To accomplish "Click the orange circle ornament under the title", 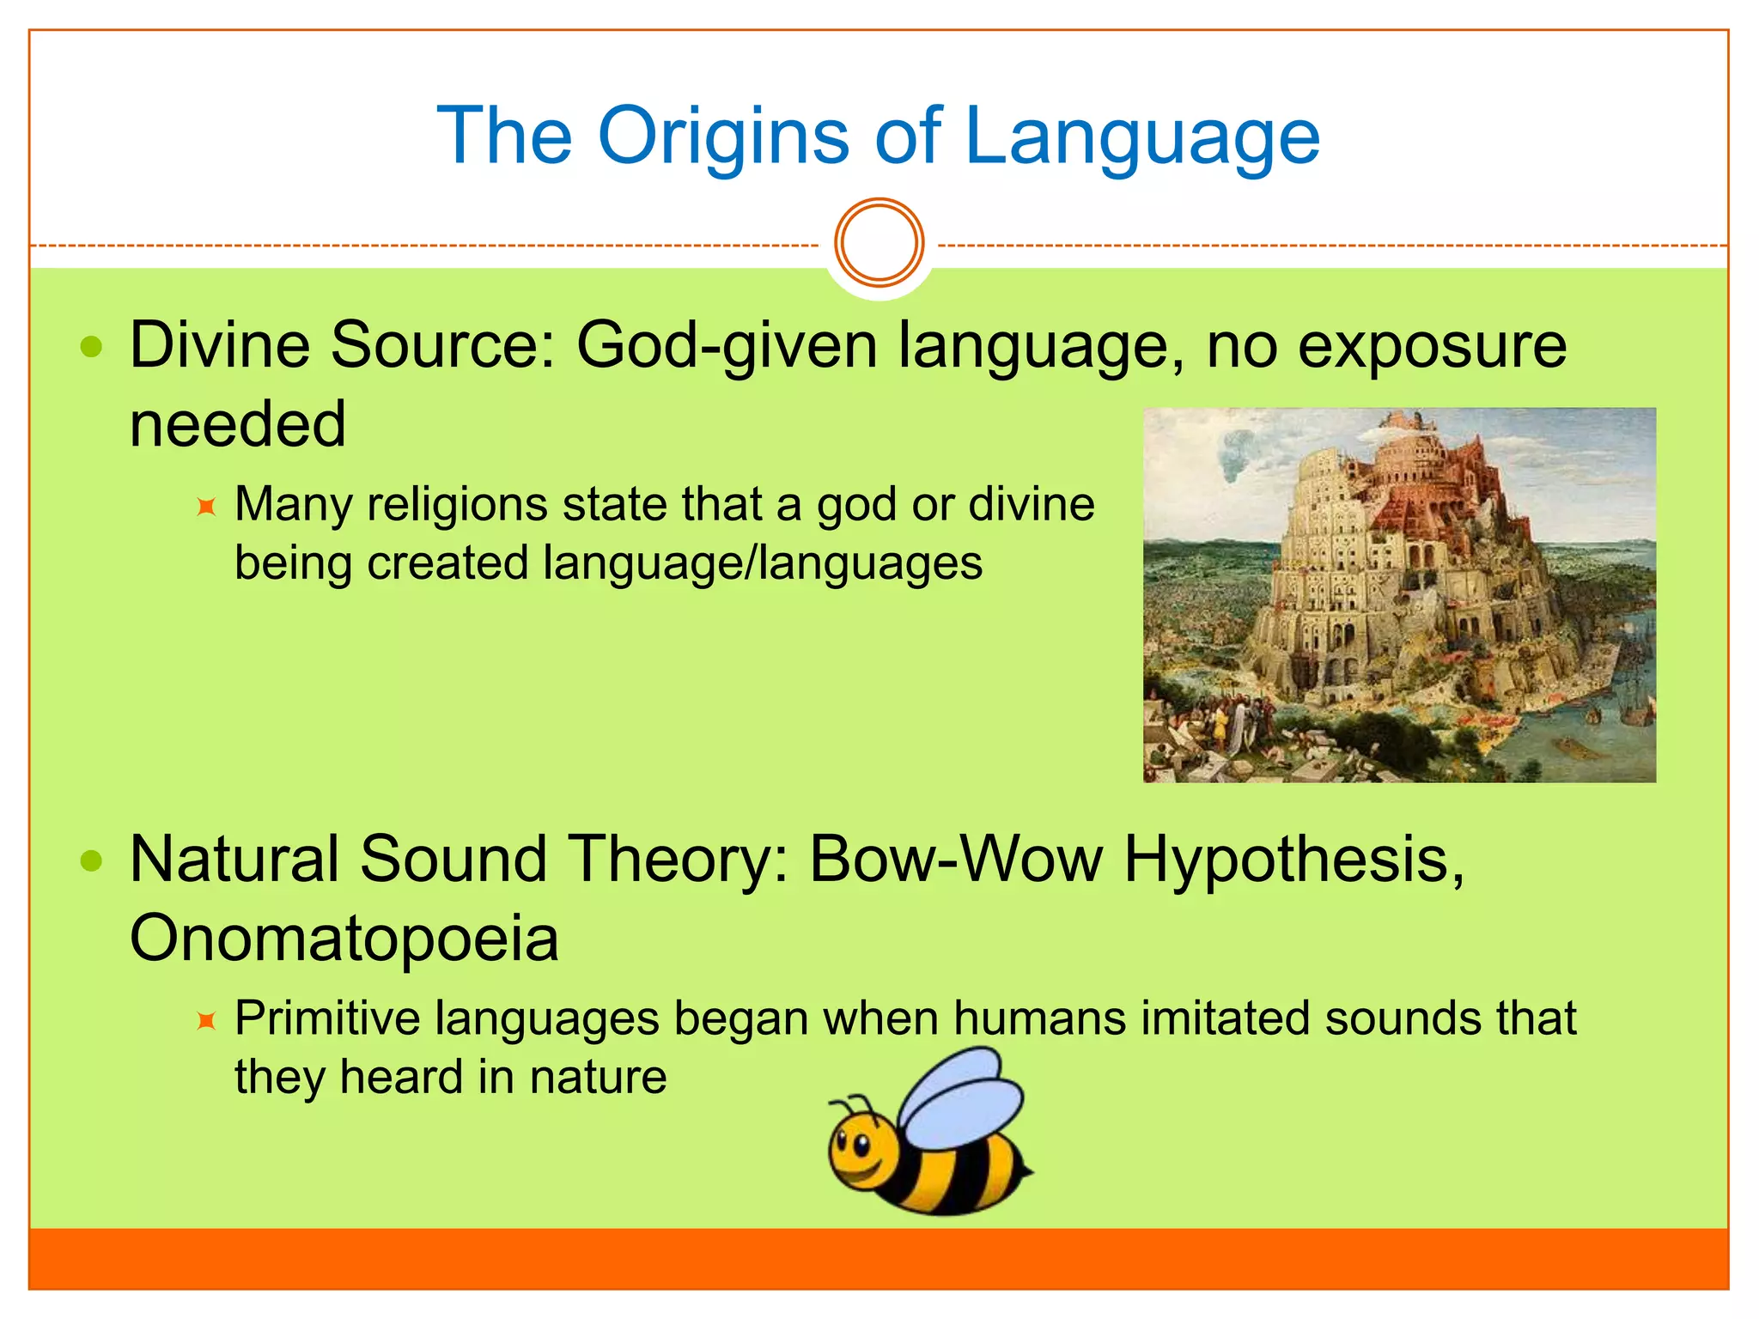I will [x=879, y=243].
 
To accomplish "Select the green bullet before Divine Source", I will [x=91, y=348].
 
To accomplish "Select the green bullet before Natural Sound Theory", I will [x=91, y=861].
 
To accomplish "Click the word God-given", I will [x=726, y=346].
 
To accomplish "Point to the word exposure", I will [x=1432, y=346].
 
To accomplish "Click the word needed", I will [x=237, y=424].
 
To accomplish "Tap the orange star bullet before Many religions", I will [x=206, y=507].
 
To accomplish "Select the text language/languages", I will [x=763, y=564].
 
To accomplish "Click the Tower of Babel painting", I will [x=1399, y=594].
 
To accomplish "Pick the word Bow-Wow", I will [x=955, y=860].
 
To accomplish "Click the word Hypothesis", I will [x=1293, y=860].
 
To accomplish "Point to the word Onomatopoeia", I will [x=344, y=939].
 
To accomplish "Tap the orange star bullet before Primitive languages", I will [x=206, y=1021].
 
